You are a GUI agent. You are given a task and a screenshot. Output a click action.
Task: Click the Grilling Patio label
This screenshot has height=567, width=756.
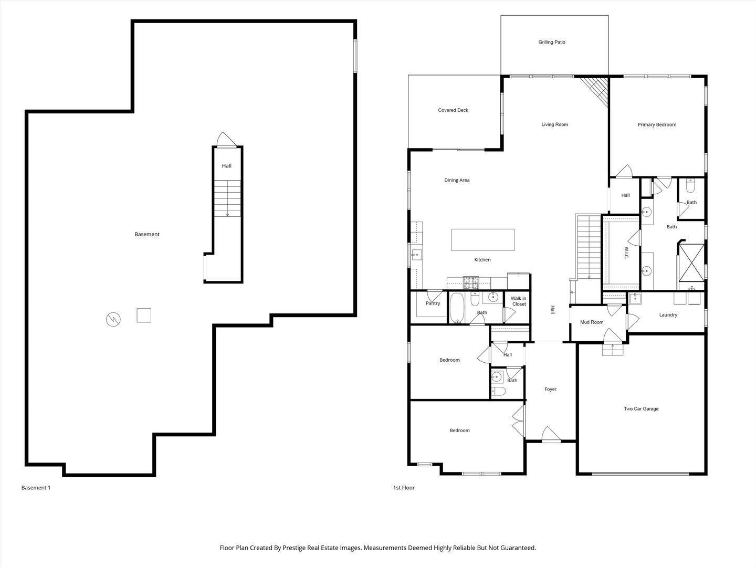pyautogui.click(x=551, y=42)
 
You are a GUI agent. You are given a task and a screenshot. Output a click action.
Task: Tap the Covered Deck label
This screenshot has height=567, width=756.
pyautogui.click(x=453, y=110)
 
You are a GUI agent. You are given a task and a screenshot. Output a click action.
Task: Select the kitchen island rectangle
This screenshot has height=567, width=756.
pyautogui.click(x=482, y=240)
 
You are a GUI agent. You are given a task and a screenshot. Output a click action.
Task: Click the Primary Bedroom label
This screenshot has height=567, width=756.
pyautogui.click(x=657, y=125)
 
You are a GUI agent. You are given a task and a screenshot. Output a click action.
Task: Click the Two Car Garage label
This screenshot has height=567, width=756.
pyautogui.click(x=641, y=409)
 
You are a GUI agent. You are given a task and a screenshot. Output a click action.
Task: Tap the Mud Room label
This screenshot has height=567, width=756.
pyautogui.click(x=592, y=322)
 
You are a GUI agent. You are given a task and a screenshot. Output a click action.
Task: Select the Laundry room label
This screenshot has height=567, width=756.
pyautogui.click(x=668, y=315)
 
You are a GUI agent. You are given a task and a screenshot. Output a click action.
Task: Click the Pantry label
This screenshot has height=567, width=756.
pyautogui.click(x=433, y=303)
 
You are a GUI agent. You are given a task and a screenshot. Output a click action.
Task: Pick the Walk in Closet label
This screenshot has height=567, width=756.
pyautogui.click(x=519, y=301)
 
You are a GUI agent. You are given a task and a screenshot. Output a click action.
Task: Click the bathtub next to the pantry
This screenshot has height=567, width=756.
pyautogui.click(x=456, y=308)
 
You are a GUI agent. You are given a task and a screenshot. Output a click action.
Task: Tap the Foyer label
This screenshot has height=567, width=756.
pyautogui.click(x=550, y=390)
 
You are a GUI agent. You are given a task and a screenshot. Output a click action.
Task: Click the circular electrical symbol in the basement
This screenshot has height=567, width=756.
pyautogui.click(x=113, y=318)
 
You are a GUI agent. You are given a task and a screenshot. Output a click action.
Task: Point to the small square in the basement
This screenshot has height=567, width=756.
pyautogui.click(x=144, y=315)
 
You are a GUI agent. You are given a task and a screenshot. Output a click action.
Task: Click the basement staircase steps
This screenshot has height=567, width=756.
pyautogui.click(x=227, y=198)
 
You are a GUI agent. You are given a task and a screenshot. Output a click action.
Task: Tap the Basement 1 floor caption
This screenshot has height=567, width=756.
pyautogui.click(x=36, y=488)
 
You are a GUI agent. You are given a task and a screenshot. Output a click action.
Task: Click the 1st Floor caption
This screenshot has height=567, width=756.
pyautogui.click(x=404, y=488)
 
